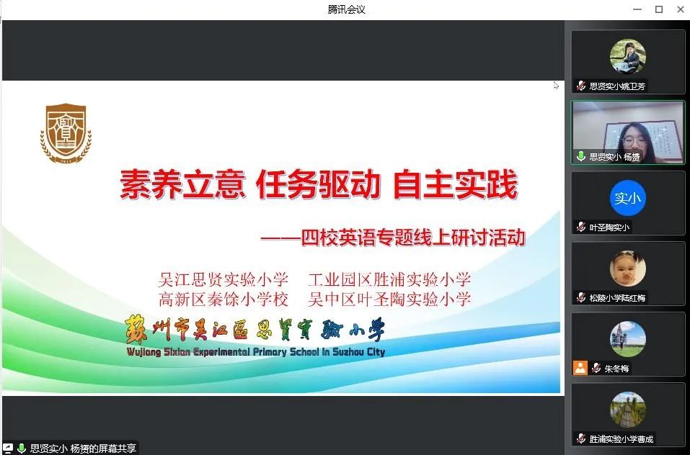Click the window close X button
[681, 9]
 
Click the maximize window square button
[659, 9]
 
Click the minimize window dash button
[637, 9]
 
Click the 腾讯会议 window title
[346, 9]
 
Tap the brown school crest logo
[66, 133]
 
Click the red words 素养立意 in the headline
[182, 184]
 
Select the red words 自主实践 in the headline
[455, 184]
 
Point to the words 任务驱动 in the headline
[318, 184]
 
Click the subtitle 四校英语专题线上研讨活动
[413, 238]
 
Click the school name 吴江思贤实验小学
[224, 279]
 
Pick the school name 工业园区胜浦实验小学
[390, 279]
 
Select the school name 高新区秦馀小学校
[224, 299]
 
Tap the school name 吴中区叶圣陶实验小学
[390, 299]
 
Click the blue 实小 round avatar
[627, 198]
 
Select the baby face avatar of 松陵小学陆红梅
[627, 269]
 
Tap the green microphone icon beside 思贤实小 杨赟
[581, 156]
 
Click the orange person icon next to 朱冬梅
[580, 368]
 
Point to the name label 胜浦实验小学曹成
[622, 438]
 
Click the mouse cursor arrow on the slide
[556, 85]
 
